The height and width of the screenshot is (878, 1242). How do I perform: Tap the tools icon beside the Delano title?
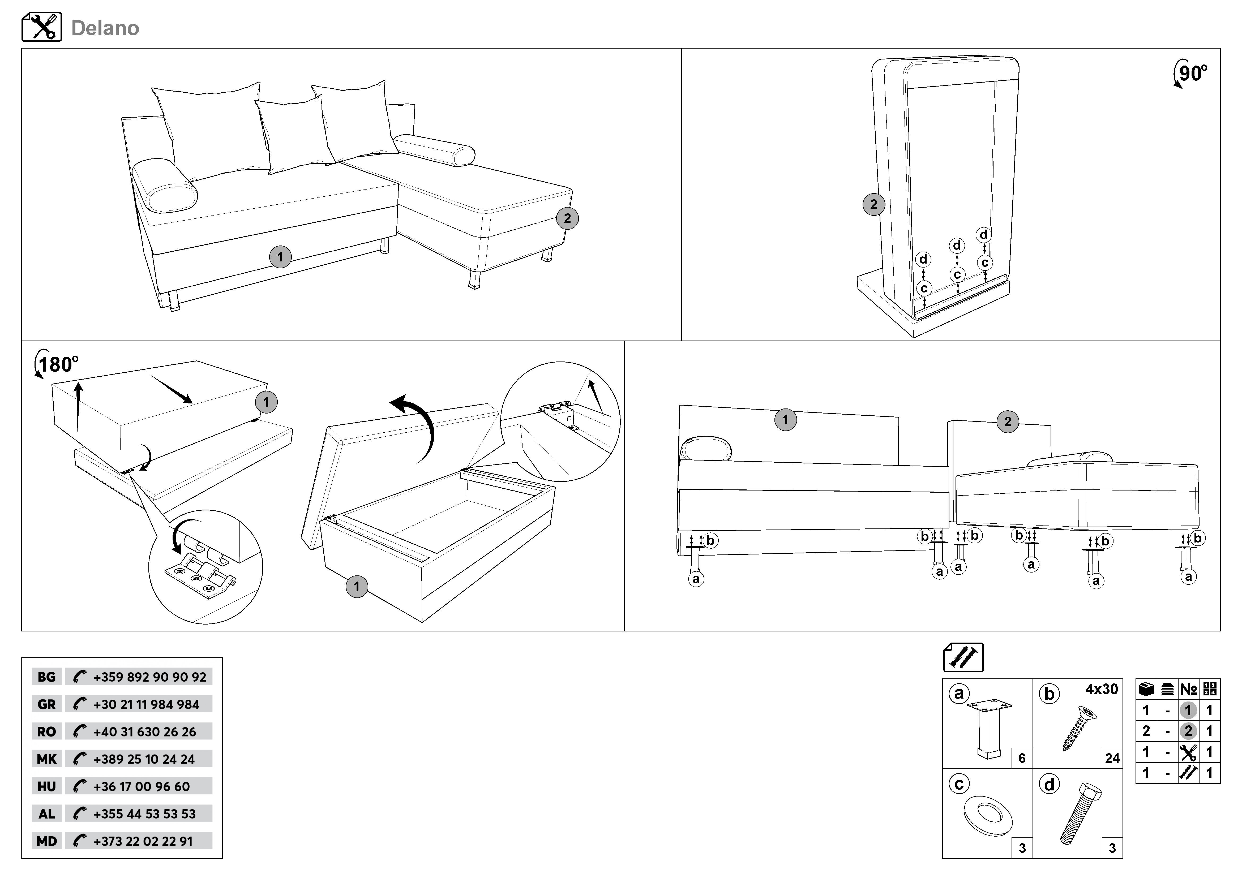(x=42, y=27)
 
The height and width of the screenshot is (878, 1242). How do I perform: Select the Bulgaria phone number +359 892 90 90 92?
(x=149, y=677)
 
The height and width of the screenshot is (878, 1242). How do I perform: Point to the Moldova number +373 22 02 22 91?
(x=143, y=841)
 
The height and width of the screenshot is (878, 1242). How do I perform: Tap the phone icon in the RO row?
(x=80, y=731)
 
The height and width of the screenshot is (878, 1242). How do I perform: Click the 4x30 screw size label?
(x=1101, y=689)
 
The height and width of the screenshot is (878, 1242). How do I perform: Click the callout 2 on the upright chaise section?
(x=873, y=204)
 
